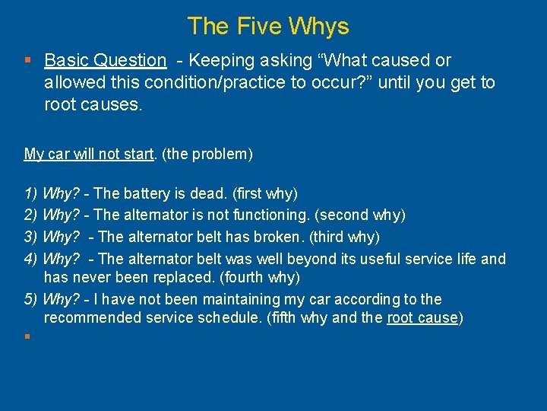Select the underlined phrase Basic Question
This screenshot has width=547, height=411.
click(x=105, y=60)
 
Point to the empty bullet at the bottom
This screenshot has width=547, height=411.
click(x=27, y=335)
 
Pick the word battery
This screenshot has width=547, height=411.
click(x=152, y=194)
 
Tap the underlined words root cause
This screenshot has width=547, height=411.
click(x=422, y=317)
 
